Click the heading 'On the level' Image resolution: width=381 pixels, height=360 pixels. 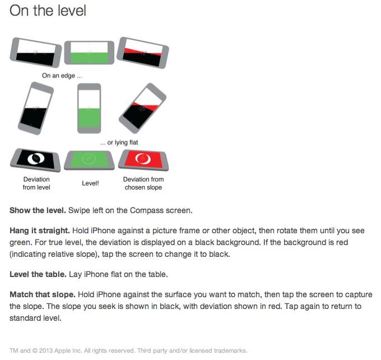tap(48, 11)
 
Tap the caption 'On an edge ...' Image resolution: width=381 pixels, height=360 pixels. tap(62, 76)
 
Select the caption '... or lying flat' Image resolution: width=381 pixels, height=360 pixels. tap(119, 142)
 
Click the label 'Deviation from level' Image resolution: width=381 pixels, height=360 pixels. tap(36, 183)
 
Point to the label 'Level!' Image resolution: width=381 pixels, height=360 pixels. tap(90, 183)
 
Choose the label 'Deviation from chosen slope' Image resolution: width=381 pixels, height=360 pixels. tap(143, 183)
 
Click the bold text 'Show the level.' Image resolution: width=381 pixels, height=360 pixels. tap(38, 210)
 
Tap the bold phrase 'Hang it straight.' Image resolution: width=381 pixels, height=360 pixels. tap(40, 230)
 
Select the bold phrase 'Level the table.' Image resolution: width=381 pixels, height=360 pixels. tap(38, 274)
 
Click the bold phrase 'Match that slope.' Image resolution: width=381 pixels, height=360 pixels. tap(43, 294)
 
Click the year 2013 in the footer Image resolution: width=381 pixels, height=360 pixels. tap(46, 351)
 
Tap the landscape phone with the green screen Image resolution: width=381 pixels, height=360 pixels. tap(89, 53)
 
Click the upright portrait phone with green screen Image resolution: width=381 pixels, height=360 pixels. tap(89, 108)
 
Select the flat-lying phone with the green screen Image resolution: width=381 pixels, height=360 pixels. tap(90, 160)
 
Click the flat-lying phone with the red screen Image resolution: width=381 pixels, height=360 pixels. tap(143, 160)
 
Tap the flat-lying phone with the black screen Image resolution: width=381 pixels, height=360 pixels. tap(35, 160)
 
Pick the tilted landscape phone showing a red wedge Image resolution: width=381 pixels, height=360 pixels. tap(143, 53)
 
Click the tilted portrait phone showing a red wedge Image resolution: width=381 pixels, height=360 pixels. tap(143, 108)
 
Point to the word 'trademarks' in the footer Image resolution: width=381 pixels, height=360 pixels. tap(230, 351)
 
